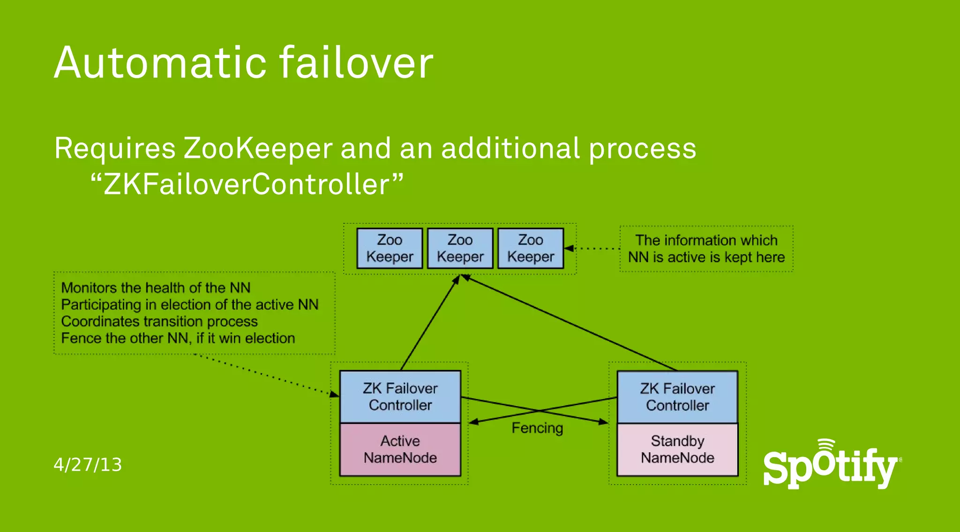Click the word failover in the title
(356, 63)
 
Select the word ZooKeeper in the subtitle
(258, 148)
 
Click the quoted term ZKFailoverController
(247, 184)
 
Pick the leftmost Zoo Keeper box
(390, 248)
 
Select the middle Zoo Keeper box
(460, 248)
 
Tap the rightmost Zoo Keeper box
(530, 248)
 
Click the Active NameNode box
(400, 450)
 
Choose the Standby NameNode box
(677, 450)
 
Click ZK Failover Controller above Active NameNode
(400, 397)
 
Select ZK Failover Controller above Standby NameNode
(677, 397)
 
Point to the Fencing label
(537, 428)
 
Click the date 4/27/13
(88, 465)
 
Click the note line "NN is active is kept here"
(706, 257)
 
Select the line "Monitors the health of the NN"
(156, 288)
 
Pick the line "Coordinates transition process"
(159, 322)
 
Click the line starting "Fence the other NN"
(178, 338)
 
